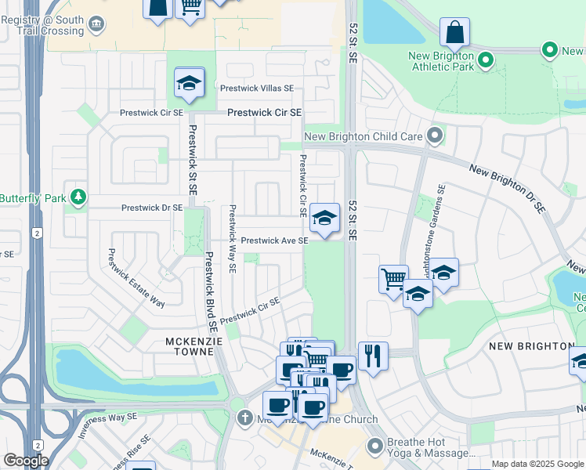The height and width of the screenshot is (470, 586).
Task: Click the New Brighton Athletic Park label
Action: [441, 63]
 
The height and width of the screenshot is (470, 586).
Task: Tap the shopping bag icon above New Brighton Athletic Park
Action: [454, 33]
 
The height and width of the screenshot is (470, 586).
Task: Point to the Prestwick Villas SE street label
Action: [257, 89]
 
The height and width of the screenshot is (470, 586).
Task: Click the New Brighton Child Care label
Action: [363, 136]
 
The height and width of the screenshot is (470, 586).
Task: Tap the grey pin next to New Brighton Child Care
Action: [436, 137]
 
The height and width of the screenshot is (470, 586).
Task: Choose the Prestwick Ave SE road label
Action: [274, 240]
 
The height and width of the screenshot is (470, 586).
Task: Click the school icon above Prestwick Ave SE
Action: [324, 217]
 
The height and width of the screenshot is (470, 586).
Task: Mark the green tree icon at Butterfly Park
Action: [78, 197]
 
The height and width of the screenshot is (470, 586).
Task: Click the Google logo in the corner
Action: [26, 461]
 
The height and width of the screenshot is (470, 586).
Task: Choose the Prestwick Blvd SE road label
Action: [209, 290]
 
